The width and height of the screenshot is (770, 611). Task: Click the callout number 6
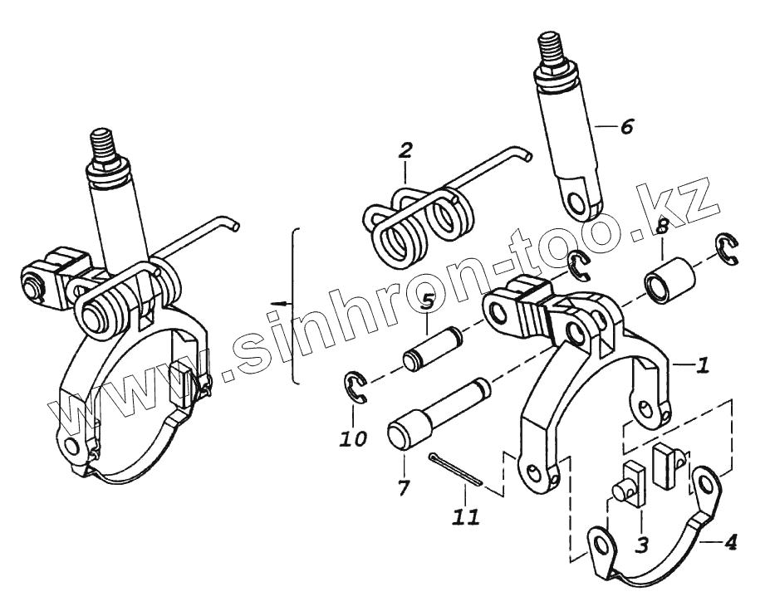[626, 127]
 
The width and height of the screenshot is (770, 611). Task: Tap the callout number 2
[405, 150]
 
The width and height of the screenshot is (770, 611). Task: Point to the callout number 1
[703, 364]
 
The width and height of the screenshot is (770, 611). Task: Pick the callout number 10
[353, 437]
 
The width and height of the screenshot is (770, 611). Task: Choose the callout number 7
[403, 487]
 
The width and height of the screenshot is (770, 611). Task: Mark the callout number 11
[466, 517]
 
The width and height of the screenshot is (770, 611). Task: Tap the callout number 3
[641, 545]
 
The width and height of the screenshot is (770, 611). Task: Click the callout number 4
[729, 544]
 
